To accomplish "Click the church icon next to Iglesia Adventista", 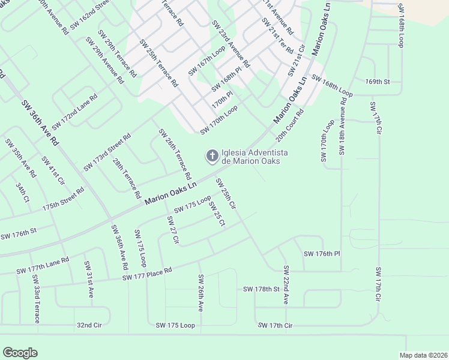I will point(211,157).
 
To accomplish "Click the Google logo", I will point(20,353).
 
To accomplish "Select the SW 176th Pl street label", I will point(322,254).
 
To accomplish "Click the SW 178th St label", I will point(262,289).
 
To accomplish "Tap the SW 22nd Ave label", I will point(286,284).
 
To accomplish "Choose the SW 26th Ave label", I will point(200,293).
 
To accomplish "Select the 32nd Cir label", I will point(90,325).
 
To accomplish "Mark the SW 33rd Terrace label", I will point(35,299).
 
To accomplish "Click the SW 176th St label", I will point(19,233).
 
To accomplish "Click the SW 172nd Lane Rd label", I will point(74,112).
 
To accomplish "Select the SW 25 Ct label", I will point(217,214).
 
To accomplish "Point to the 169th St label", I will point(378,81).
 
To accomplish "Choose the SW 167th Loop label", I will point(206,62).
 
